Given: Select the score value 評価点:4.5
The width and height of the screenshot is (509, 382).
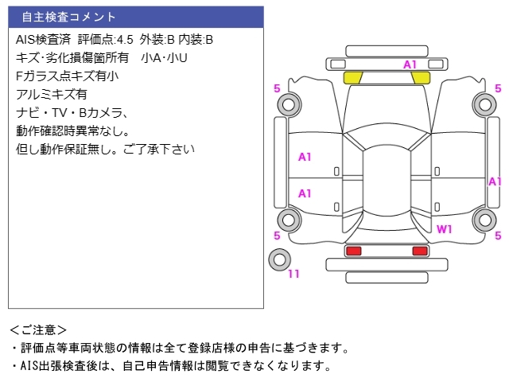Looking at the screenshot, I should pyautogui.click(x=105, y=39).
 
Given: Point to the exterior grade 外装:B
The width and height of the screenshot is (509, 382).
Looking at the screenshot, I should pyautogui.click(x=157, y=39).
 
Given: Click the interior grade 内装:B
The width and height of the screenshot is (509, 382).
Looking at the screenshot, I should pyautogui.click(x=196, y=39).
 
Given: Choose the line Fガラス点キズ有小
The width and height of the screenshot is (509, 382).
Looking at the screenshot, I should pyautogui.click(x=67, y=76).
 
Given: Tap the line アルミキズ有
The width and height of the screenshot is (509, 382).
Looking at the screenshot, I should pyautogui.click(x=52, y=95).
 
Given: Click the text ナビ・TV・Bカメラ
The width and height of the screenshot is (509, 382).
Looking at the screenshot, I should pyautogui.click(x=72, y=113).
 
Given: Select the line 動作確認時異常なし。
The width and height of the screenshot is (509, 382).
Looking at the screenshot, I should pyautogui.click(x=72, y=131).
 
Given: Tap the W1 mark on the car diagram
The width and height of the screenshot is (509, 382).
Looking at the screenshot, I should pyautogui.click(x=445, y=229).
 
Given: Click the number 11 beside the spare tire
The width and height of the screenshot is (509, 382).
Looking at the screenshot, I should pyautogui.click(x=293, y=275).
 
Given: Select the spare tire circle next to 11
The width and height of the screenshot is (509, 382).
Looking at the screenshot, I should pyautogui.click(x=279, y=259).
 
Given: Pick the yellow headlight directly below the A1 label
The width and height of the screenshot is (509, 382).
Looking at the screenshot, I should pyautogui.click(x=421, y=77).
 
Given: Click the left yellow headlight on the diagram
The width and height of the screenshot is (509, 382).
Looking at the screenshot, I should pyautogui.click(x=352, y=77).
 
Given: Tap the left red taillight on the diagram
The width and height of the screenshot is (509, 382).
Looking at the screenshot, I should pyautogui.click(x=352, y=251).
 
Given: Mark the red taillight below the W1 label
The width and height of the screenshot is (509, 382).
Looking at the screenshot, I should pyautogui.click(x=420, y=251).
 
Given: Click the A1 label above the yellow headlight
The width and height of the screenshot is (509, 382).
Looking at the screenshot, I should pyautogui.click(x=410, y=64).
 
